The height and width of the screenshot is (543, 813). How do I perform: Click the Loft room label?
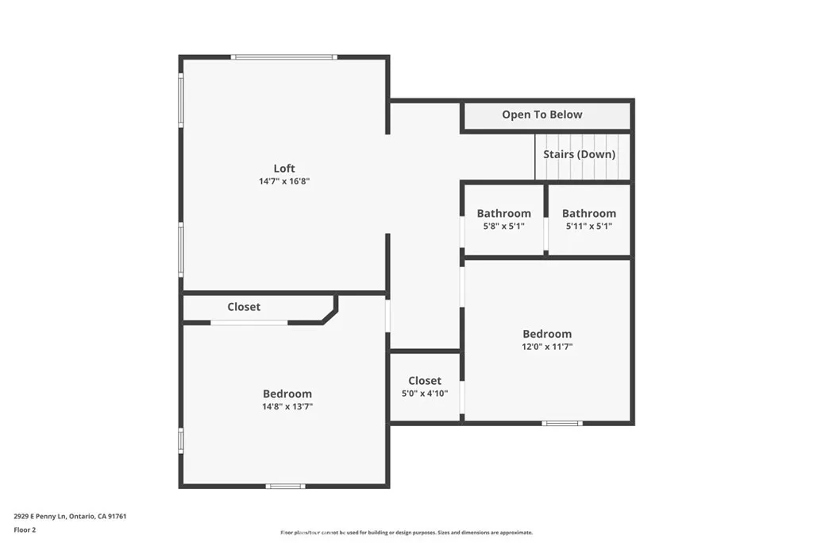284,169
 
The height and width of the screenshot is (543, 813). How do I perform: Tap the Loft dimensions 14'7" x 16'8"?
284,181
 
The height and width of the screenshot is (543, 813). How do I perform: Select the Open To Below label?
542,115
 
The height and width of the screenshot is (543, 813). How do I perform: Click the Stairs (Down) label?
580,154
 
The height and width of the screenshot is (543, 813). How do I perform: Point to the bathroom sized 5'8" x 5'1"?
503,219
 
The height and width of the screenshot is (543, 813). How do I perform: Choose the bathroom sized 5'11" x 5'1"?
589,219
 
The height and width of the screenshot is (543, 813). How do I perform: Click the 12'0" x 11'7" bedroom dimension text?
547,347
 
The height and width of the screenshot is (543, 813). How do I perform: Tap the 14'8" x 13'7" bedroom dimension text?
287,406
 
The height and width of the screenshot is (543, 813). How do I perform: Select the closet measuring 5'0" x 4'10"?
425,386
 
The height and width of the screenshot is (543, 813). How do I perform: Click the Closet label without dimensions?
244,307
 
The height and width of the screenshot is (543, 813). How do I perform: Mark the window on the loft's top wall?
283,57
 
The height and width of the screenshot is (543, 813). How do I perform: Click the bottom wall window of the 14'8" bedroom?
285,486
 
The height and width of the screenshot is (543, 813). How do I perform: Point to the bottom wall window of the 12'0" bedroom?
562,423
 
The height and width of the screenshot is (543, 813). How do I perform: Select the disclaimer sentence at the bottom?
406,533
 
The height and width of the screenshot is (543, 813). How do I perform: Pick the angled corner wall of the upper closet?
329,314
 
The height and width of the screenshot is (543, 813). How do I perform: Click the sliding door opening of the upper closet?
249,322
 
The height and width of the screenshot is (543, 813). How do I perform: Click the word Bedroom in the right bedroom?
547,334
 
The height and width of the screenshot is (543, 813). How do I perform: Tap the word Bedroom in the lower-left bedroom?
287,394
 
